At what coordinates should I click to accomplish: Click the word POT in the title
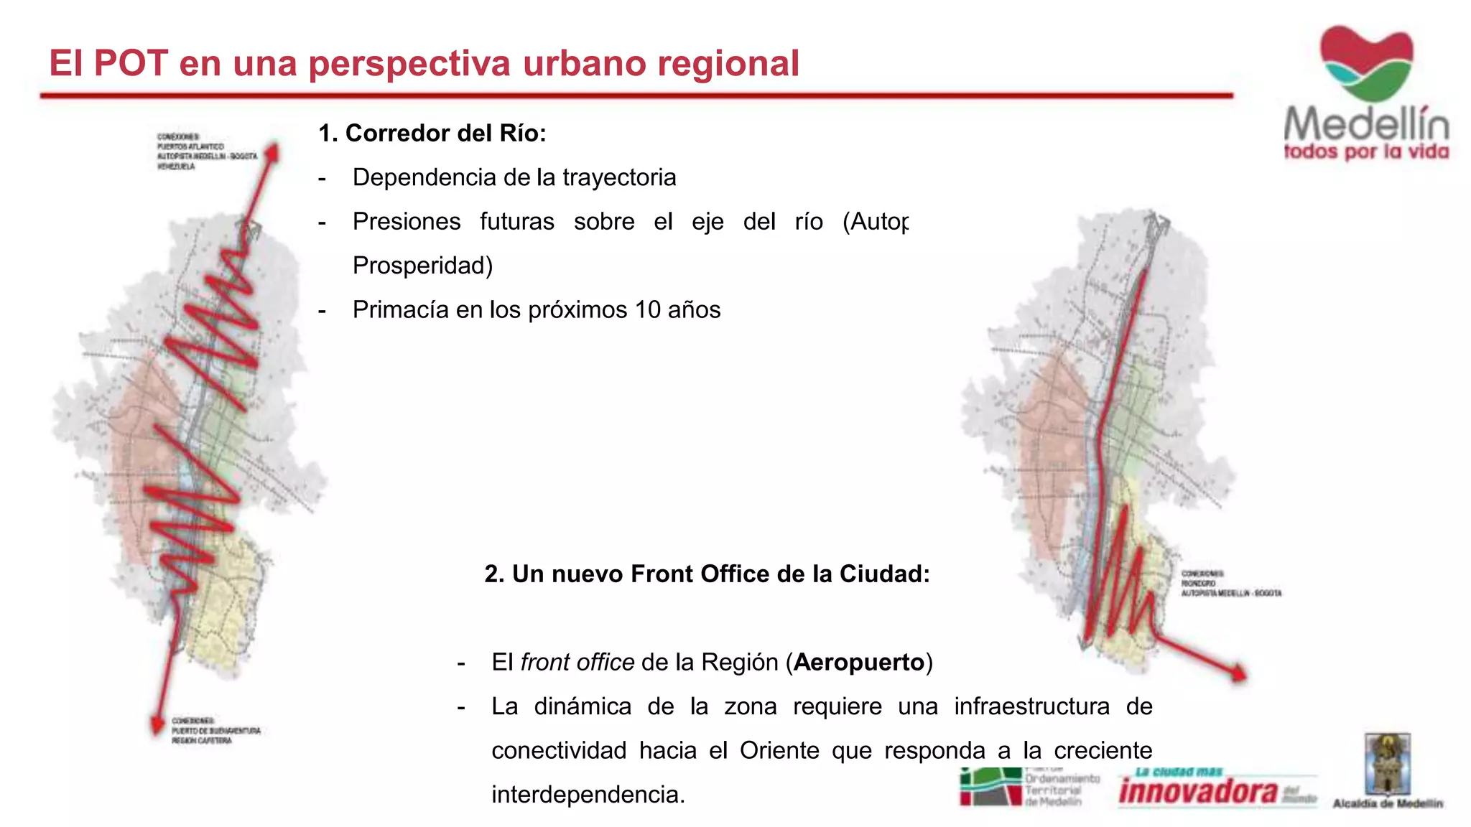[131, 63]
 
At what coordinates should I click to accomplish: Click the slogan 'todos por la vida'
[1366, 152]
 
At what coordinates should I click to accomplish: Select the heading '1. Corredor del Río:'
[432, 134]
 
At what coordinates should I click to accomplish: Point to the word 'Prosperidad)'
[422, 266]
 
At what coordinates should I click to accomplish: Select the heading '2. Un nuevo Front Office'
[707, 574]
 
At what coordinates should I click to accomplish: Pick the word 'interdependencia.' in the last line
[588, 795]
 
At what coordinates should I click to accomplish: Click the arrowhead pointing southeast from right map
[1240, 674]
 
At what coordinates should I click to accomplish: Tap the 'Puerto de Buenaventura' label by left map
[215, 731]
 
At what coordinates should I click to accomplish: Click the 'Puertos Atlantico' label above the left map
[191, 146]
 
